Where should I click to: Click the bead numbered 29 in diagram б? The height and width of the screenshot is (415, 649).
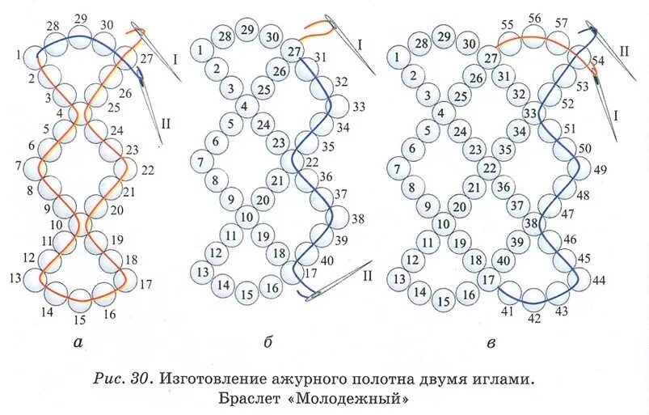pos(248,30)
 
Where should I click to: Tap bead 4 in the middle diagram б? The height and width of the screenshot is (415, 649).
pos(246,106)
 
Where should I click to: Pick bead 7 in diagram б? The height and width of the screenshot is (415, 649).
pos(200,162)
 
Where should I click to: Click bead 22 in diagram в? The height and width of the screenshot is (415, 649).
pos(488,167)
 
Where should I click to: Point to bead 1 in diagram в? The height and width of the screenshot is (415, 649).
pos(396,57)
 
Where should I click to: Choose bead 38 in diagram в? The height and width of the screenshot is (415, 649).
pos(531,222)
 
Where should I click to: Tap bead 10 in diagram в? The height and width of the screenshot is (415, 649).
pos(442,224)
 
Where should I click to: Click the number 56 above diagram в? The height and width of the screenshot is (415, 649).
pos(534,19)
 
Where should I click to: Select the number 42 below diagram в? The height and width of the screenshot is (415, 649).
pos(533,319)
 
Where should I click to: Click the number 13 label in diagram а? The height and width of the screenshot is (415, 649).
pos(15,278)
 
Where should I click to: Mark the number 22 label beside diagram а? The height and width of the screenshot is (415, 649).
pos(147,171)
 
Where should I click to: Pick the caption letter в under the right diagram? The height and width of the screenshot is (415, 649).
pos(491,344)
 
